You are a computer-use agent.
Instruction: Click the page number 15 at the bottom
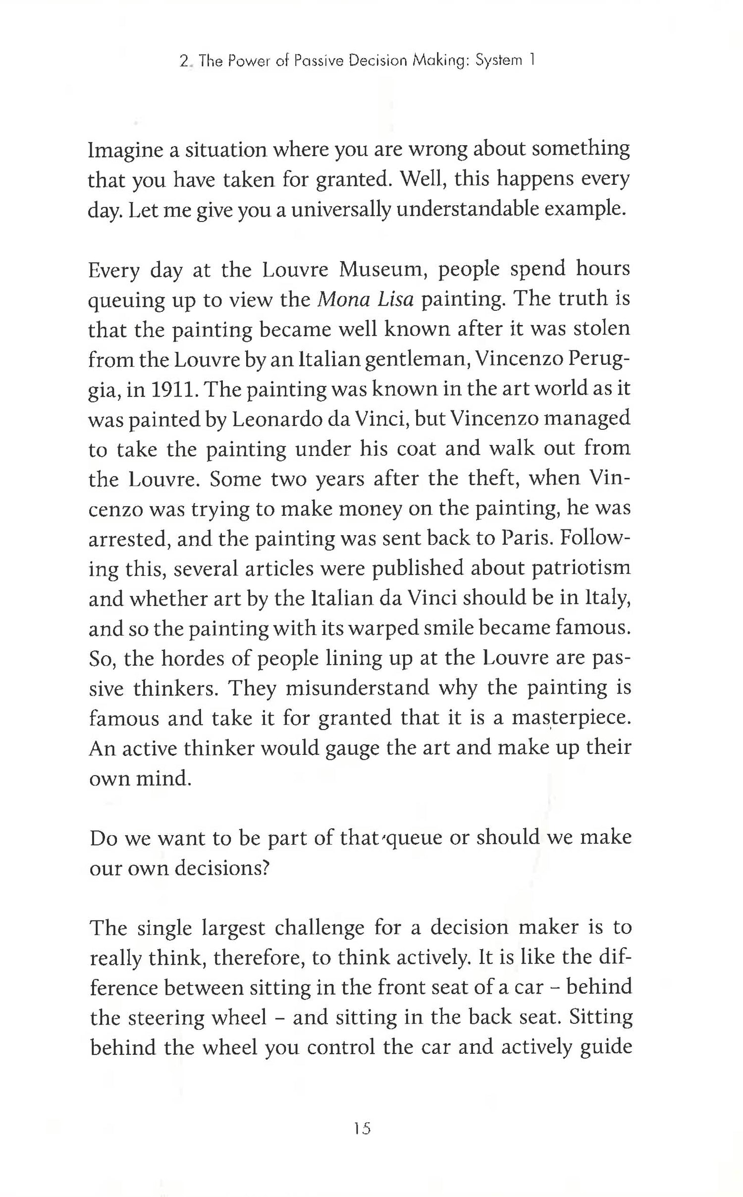point(363,1129)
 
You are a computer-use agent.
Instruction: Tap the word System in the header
point(498,60)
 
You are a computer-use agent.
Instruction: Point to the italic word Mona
point(341,299)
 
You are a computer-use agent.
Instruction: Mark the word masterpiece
point(571,718)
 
